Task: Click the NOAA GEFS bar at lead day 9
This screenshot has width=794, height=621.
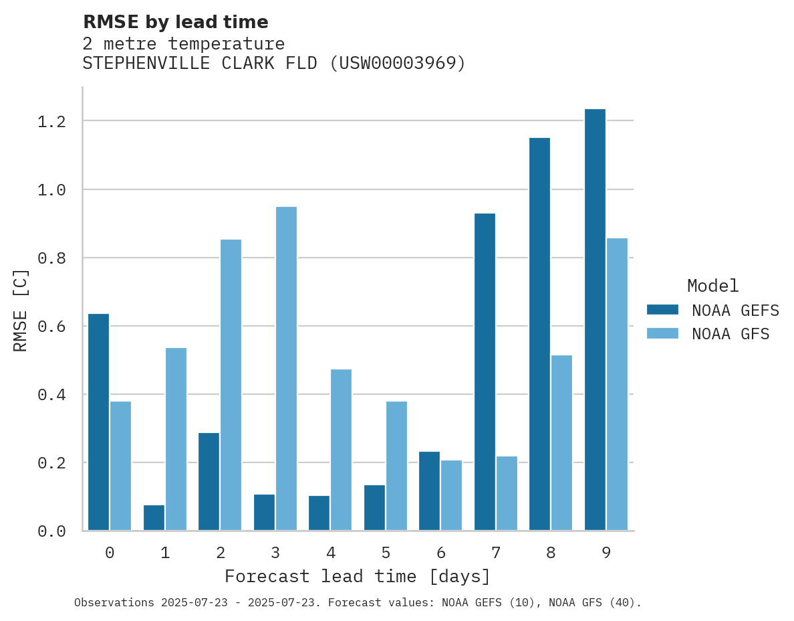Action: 595,320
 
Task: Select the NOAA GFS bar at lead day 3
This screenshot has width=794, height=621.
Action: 286,369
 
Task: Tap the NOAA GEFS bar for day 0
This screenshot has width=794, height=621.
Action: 98,422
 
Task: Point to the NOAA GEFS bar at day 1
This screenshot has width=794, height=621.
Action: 154,518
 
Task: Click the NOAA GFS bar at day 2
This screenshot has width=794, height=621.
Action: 231,385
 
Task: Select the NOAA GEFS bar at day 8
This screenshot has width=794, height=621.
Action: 539,334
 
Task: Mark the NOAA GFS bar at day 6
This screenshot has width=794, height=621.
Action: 451,495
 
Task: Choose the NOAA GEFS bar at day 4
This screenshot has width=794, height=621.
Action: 319,513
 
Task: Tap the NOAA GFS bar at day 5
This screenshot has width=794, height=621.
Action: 396,466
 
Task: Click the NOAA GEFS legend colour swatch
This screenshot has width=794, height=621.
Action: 662,310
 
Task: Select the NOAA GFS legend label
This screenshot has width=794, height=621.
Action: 731,334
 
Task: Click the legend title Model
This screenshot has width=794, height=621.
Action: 712,286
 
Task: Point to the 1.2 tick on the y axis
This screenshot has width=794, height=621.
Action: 51,121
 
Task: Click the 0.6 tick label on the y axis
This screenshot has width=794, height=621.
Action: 51,327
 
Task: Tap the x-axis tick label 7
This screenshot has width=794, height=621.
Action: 495,553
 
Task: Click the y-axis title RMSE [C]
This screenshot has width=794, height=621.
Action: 21,310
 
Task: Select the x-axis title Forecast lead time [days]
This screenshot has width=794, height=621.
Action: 358,577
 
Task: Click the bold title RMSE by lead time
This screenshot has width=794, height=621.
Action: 175,23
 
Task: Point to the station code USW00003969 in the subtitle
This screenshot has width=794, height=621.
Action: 398,64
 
